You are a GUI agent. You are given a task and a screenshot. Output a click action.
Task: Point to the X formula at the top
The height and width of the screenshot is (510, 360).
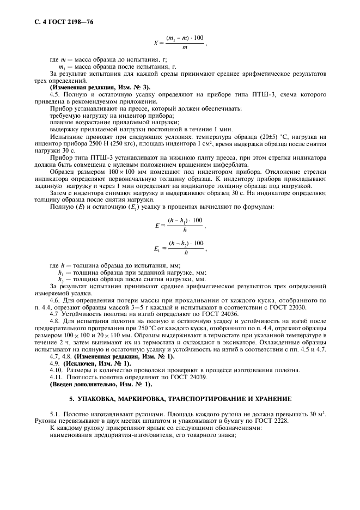click(x=179, y=42)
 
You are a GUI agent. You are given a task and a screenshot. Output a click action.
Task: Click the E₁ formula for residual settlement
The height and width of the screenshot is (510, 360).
click(x=179, y=247)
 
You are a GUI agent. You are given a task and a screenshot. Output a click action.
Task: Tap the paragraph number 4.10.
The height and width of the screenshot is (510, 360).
click(x=56, y=371)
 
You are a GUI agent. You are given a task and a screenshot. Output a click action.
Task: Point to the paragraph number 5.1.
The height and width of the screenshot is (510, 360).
click(x=54, y=413)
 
